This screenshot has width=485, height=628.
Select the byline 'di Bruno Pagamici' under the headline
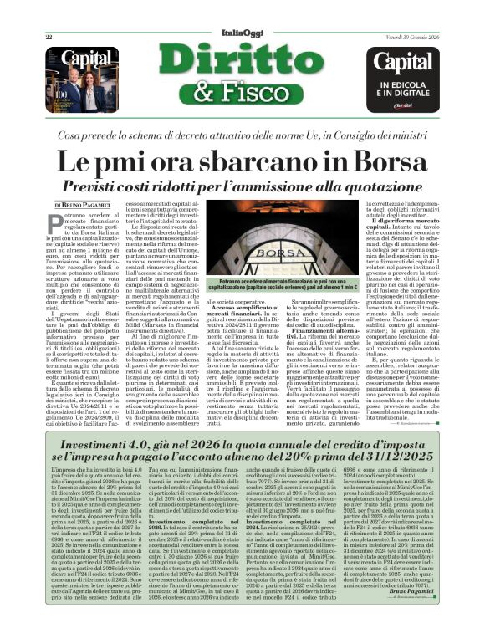click(81, 205)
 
